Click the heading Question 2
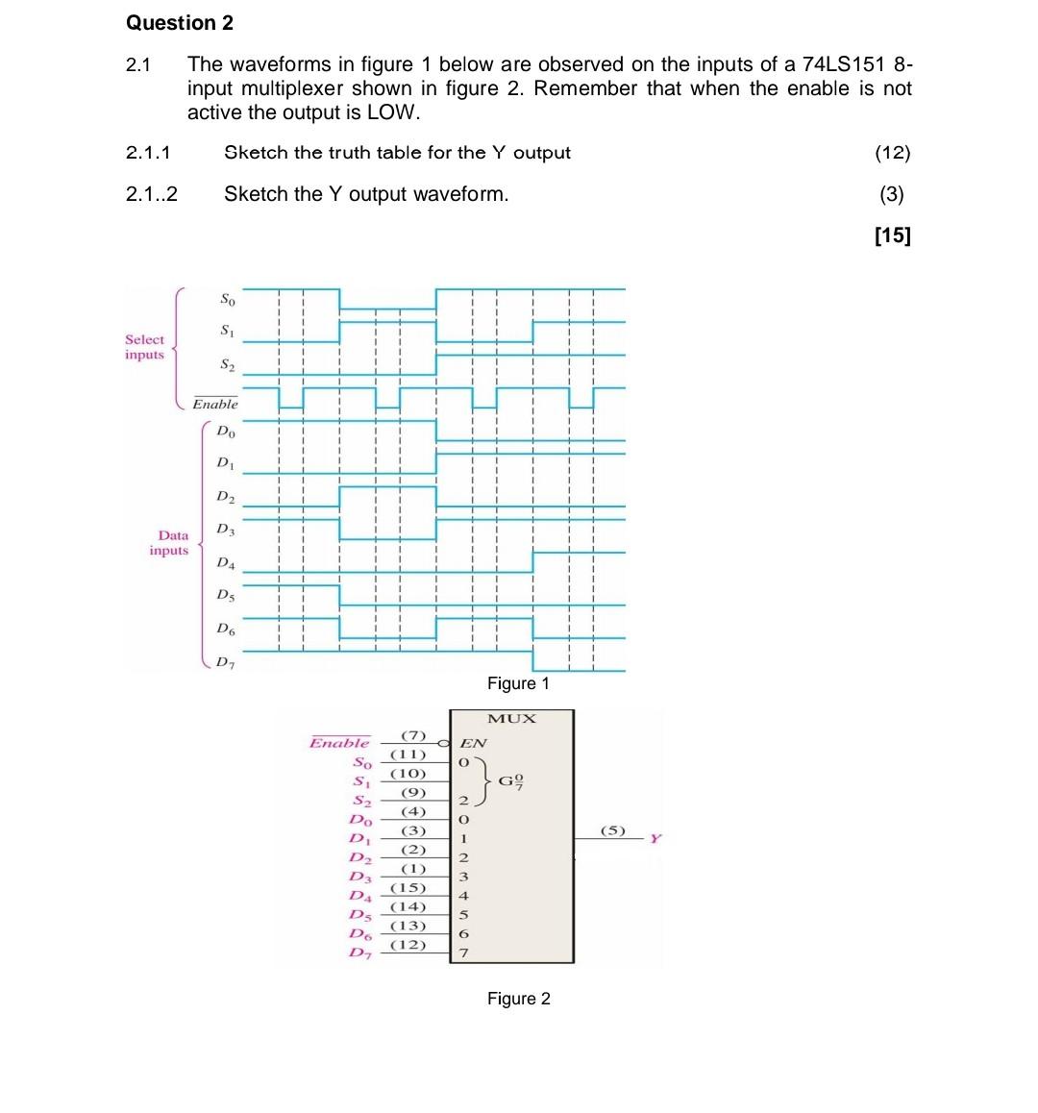[180, 22]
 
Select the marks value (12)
[892, 153]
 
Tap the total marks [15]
[892, 235]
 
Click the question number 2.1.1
[148, 153]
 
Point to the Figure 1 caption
[518, 683]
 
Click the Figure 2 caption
[518, 999]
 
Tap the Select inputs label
[144, 347]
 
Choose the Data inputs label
[170, 543]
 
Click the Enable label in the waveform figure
[214, 404]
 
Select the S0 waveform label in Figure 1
[227, 299]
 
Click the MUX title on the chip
[511, 719]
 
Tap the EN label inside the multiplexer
[473, 743]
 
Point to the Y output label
[656, 839]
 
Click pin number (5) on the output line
[612, 829]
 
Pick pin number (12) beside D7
[408, 945]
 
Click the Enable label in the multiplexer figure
[339, 743]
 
